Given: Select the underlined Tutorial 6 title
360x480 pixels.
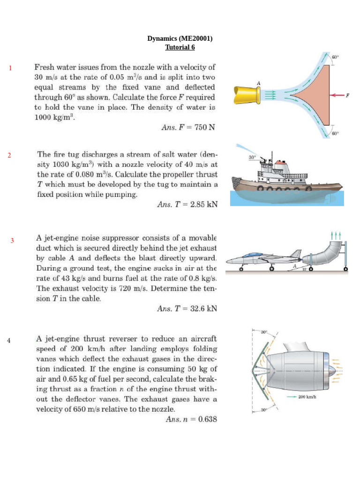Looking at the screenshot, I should [180, 47].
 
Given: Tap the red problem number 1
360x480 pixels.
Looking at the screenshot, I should [9, 69].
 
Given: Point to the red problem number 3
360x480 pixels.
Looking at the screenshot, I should [13, 240].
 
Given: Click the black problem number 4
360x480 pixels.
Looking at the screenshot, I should [9, 340].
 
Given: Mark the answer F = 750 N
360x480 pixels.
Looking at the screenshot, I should [188, 127].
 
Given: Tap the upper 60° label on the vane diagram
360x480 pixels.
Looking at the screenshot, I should [335, 57].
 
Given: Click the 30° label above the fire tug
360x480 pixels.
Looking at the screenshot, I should [252, 157].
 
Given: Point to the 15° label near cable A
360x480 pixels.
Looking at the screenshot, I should [305, 269].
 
